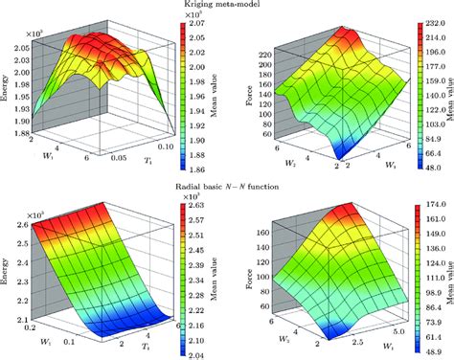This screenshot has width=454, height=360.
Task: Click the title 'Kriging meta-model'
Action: [x=227, y=6]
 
